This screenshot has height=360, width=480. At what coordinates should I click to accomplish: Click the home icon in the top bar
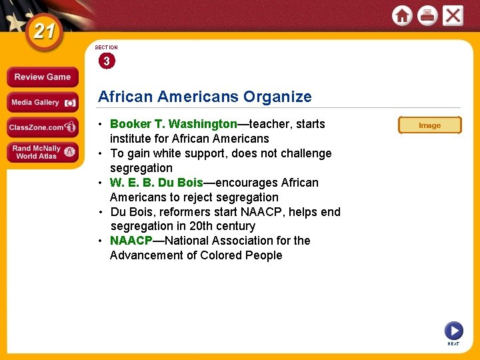point(402,15)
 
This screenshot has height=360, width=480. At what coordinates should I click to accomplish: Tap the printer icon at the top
point(427,15)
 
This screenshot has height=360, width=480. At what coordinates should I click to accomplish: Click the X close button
point(453,15)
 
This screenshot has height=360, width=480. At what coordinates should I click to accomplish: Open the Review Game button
point(43,77)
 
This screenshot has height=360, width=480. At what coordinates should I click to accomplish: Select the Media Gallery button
point(43,102)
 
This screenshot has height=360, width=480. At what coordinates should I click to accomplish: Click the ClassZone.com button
point(43,127)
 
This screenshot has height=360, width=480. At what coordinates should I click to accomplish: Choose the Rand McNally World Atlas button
point(43,152)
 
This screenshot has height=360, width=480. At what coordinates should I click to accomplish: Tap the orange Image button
point(429,125)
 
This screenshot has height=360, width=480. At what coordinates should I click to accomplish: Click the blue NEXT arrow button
point(453,331)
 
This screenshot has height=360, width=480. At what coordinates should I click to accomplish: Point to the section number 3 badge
point(106,61)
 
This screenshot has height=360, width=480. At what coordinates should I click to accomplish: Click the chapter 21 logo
point(43,32)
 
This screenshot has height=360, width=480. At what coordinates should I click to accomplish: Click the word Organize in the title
point(277,97)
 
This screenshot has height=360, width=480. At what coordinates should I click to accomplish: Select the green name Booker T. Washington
point(173,124)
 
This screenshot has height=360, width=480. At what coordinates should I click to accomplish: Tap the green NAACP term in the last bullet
point(131,241)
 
